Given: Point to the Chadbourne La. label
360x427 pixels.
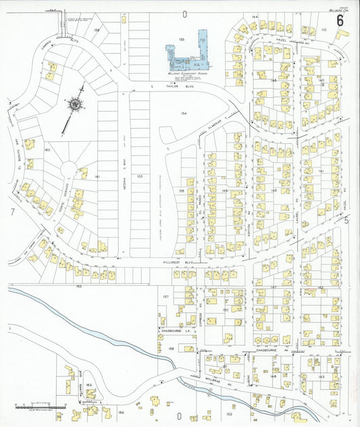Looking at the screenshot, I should (x=174, y=330).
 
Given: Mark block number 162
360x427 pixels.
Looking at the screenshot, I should (x=78, y=287).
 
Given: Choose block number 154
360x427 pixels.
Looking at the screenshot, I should (x=183, y=114).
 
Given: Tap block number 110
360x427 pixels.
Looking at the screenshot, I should (x=324, y=30).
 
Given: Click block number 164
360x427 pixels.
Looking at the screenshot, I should (x=122, y=411).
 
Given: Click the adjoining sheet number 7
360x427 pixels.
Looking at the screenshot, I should (x=13, y=211).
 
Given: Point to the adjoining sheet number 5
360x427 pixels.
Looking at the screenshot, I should (x=347, y=220).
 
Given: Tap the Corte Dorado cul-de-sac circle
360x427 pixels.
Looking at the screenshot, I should (x=70, y=168).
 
